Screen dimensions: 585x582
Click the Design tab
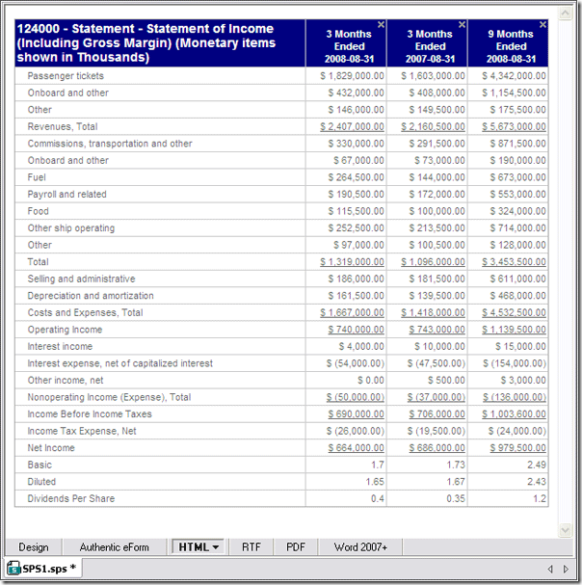pyautogui.click(x=34, y=546)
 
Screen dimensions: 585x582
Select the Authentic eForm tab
pyautogui.click(x=114, y=546)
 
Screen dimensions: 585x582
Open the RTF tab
pyautogui.click(x=251, y=546)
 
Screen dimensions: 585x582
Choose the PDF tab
pyautogui.click(x=296, y=546)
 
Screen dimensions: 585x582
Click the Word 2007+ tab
pyautogui.click(x=360, y=546)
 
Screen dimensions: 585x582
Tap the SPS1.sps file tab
pyautogui.click(x=42, y=569)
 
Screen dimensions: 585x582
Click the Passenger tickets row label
pyautogui.click(x=66, y=76)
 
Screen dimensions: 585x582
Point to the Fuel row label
pyautogui.click(x=38, y=177)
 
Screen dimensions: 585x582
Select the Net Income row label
pyautogui.click(x=51, y=448)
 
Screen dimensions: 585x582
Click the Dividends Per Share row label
pyautogui.click(x=71, y=498)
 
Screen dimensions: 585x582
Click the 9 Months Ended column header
pyautogui.click(x=511, y=40)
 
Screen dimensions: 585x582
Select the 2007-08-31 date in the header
pyautogui.click(x=430, y=59)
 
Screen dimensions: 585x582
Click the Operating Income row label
pyautogui.click(x=65, y=330)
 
